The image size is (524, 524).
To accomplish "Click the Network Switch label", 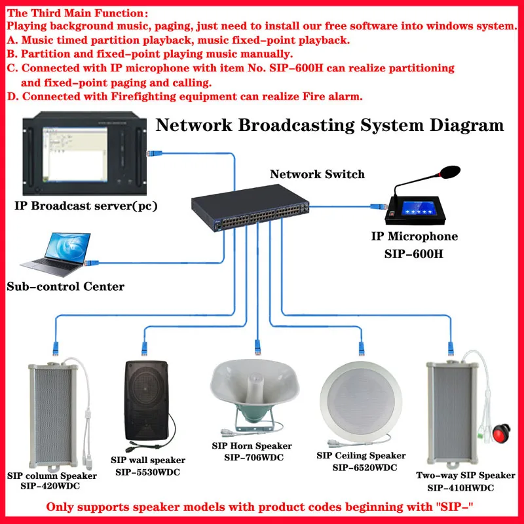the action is click(x=317, y=174).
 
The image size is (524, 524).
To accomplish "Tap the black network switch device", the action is click(x=250, y=208).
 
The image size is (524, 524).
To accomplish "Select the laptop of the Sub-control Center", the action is click(x=56, y=255).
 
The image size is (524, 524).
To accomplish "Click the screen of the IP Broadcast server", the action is click(x=75, y=155).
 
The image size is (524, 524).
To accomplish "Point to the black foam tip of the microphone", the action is click(x=450, y=172).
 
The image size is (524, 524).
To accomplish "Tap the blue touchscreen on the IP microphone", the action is click(x=418, y=208).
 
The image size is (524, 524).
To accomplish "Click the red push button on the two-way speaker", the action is click(x=502, y=432).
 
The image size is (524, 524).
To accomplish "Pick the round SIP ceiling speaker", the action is click(x=361, y=402).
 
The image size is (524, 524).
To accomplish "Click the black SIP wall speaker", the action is click(x=147, y=400).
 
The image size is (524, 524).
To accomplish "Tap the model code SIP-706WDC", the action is click(x=253, y=457).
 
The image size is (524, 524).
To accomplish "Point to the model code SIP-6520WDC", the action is click(x=365, y=468).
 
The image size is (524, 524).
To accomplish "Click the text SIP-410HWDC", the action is click(x=460, y=488).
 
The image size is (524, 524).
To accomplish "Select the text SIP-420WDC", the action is click(x=50, y=486).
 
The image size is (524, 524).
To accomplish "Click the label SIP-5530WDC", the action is click(x=148, y=472).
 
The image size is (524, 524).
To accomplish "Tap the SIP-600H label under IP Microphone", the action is click(x=414, y=254).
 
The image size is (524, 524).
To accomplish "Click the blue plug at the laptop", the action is click(x=91, y=263).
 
